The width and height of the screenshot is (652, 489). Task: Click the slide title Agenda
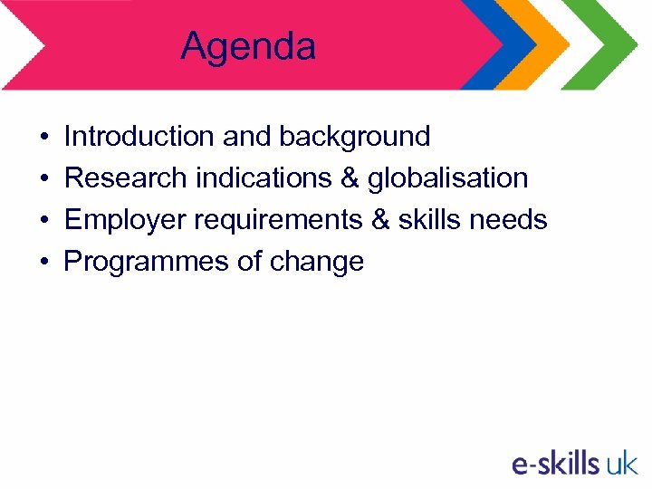248,46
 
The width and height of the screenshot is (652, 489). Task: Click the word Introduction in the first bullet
139,137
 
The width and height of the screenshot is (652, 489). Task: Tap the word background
355,137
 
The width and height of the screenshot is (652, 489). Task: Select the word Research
126,178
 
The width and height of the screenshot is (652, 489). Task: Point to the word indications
264,178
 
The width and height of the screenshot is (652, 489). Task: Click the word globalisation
447,178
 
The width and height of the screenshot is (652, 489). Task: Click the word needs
517,220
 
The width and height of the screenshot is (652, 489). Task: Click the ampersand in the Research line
350,178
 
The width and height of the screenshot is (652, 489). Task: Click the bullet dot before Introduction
44,138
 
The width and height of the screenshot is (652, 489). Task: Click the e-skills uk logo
574,464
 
